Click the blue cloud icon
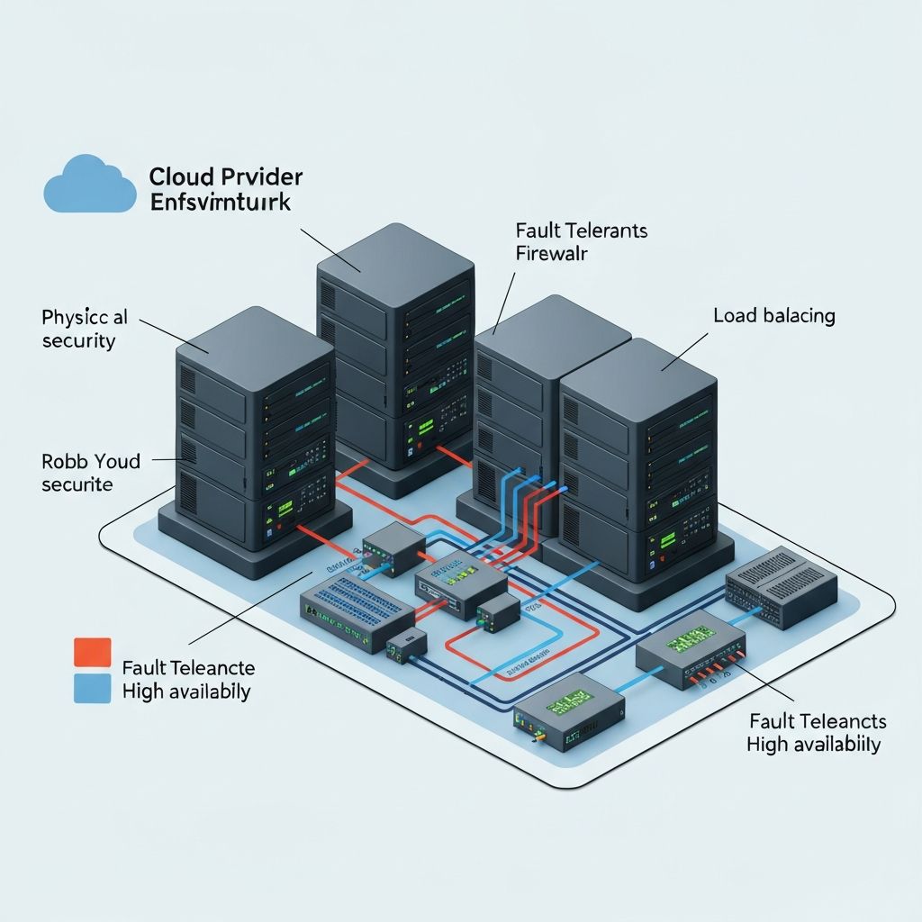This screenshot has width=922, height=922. [x=90, y=185]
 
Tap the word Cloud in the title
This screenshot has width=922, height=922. [x=180, y=176]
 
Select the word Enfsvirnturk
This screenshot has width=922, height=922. [x=220, y=202]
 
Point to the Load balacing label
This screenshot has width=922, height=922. [x=773, y=316]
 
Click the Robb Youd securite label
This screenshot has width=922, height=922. [x=90, y=473]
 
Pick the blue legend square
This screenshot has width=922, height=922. [x=91, y=689]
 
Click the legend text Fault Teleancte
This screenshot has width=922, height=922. [x=187, y=668]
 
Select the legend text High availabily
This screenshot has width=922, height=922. [x=185, y=691]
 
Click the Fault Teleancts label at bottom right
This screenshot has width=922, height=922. [x=817, y=721]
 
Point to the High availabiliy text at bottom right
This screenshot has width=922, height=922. [x=813, y=744]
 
